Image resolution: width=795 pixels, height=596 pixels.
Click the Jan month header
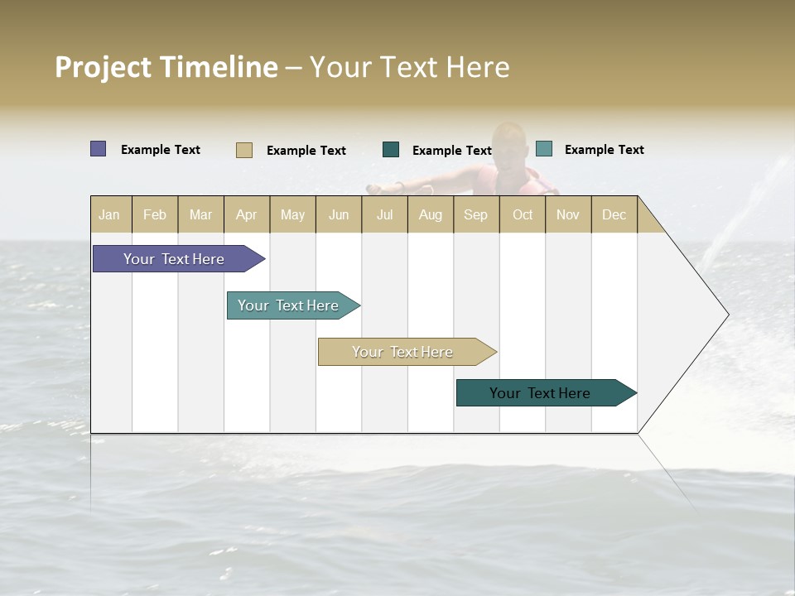[x=110, y=214]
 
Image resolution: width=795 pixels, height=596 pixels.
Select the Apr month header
[x=247, y=214]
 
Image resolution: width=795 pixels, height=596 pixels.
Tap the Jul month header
[x=385, y=214]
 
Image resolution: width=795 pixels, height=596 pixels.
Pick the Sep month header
[x=475, y=214]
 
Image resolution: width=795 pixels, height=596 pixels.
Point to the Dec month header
[x=614, y=214]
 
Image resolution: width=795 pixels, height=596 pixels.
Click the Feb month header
[x=155, y=214]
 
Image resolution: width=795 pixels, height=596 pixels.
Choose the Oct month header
[x=523, y=214]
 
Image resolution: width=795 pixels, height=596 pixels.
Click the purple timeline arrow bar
[x=174, y=259]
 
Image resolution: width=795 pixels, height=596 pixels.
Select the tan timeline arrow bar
[x=402, y=352]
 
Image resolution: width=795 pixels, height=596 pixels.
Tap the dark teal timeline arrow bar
[x=540, y=393]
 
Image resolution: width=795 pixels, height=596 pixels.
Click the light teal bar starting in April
[x=288, y=305]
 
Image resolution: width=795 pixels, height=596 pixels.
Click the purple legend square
[x=99, y=149]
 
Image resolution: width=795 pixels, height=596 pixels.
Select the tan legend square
[x=244, y=150]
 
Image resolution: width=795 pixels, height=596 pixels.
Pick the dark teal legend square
[x=391, y=150]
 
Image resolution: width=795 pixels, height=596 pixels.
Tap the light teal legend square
[x=544, y=149]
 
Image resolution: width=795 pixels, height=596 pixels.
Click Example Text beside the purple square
[x=161, y=150]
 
